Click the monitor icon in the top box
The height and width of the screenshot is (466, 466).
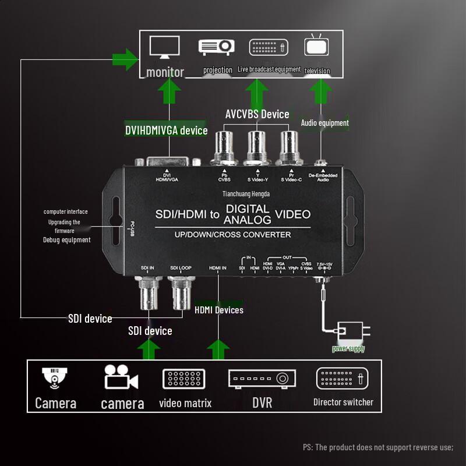pos(165,47)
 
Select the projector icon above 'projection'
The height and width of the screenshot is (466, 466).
pos(217,47)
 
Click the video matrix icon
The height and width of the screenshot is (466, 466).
pos(185,379)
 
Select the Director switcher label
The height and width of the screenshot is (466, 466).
pos(343,402)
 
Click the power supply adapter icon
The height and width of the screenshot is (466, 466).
pos(349,333)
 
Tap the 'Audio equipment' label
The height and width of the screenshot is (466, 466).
pos(324,123)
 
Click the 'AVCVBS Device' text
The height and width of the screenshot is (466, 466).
pos(257,114)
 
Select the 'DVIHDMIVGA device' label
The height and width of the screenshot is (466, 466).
pos(166,130)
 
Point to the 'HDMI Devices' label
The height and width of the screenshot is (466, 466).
pos(219,310)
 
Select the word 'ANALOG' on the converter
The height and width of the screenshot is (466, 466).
pos(248,220)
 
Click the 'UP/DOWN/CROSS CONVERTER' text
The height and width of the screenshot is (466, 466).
pos(233,235)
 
